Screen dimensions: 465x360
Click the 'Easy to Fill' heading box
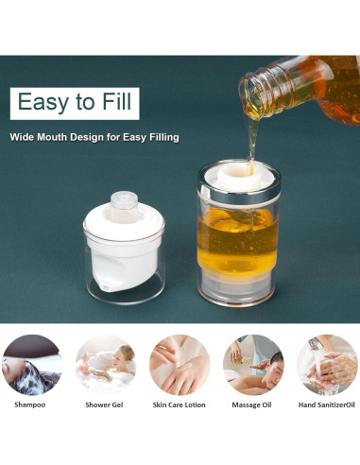coord(75,102)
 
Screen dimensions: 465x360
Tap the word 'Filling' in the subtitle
coord(161,137)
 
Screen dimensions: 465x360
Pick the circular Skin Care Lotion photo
coord(179,364)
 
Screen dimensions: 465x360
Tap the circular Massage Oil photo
coord(252,364)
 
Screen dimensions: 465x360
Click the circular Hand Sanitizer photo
coord(326,364)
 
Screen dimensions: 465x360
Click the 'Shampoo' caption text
coord(29,405)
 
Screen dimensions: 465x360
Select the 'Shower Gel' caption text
coord(104,405)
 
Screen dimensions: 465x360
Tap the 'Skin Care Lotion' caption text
coord(179,405)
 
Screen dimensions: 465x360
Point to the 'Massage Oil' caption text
coord(252,405)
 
